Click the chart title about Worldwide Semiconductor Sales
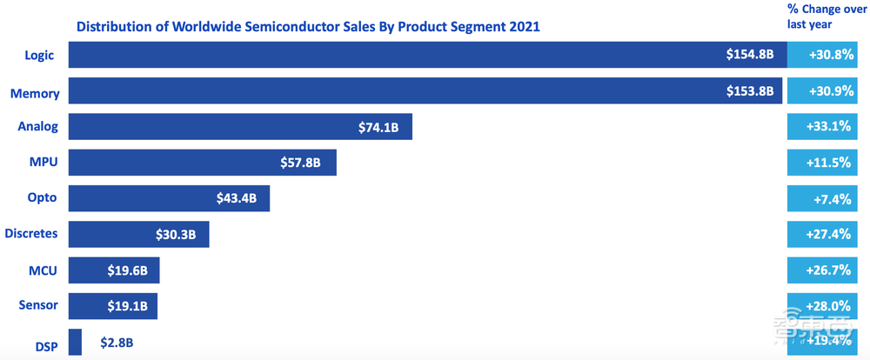coord(308,26)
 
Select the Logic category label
coord(39,55)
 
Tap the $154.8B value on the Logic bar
coord(750,55)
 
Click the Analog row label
coord(38,126)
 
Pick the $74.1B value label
coord(378,127)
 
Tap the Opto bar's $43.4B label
coord(237,198)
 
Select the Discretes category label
coord(31,233)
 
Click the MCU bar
coord(113,270)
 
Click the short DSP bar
coord(75,342)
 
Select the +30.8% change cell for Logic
coord(828,55)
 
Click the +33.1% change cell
coord(828,127)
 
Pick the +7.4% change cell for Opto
coord(828,198)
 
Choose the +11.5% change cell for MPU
coord(828,163)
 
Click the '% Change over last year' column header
coord(827,17)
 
